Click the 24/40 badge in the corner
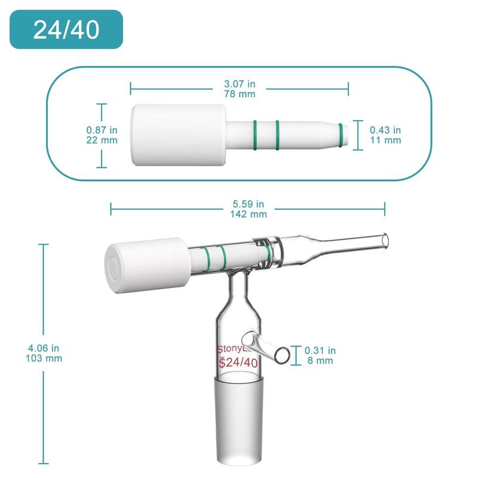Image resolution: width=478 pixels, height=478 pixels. [66, 30]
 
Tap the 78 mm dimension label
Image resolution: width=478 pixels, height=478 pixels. [239, 94]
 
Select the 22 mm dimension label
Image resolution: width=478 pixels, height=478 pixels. [102, 140]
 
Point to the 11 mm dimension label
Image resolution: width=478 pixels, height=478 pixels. [385, 140]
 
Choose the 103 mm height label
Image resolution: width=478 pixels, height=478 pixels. [44, 358]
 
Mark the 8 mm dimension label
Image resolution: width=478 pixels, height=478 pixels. [320, 361]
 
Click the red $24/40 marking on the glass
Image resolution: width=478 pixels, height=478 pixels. [238, 363]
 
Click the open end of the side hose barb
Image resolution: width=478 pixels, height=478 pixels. [284, 355]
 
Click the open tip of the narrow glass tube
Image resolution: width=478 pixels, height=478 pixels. [386, 240]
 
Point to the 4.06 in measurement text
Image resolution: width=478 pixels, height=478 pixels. [44, 348]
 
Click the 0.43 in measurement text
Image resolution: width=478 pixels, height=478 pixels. [385, 130]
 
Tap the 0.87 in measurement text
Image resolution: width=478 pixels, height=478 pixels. [102, 130]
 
